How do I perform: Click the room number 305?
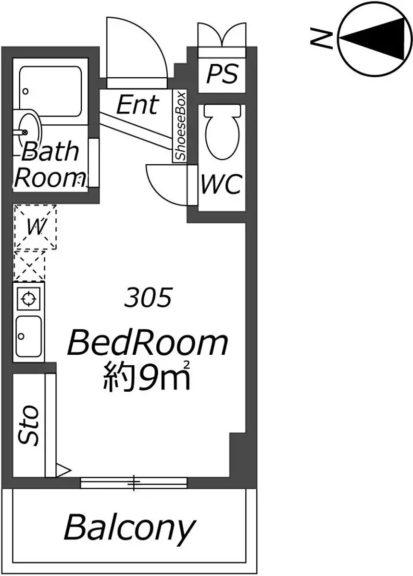(148, 298)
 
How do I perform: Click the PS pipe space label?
(222, 74)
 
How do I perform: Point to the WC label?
(222, 184)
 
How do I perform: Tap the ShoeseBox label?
(180, 126)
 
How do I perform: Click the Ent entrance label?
(138, 105)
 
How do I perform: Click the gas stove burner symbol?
(28, 299)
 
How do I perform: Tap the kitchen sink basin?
(28, 336)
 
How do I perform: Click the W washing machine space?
(35, 227)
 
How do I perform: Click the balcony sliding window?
(134, 482)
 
